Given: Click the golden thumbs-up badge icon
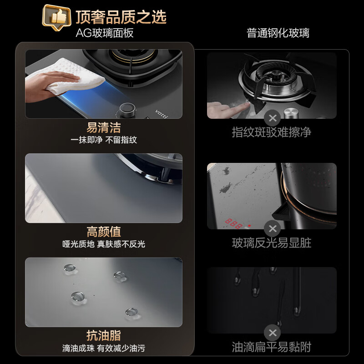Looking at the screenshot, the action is tap(56, 17).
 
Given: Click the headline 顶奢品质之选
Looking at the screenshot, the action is tap(121, 17).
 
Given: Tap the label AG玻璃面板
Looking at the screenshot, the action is tap(105, 33).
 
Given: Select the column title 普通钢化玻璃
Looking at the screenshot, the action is tap(278, 33).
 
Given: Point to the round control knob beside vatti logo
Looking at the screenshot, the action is tap(127, 110).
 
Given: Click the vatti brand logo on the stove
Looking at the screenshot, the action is tap(162, 114).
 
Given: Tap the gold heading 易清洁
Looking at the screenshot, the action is tap(104, 127).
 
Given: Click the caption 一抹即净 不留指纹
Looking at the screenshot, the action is tap(104, 140).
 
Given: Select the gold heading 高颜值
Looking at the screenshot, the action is tap(104, 232).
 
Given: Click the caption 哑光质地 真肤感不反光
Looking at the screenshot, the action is tap(104, 244).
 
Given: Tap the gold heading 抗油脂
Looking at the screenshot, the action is tap(104, 335).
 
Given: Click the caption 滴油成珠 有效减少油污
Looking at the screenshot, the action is tap(104, 348).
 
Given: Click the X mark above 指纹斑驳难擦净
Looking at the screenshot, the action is tap(272, 118).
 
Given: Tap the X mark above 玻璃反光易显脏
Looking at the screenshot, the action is tap(272, 229).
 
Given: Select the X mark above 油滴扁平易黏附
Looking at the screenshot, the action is tap(272, 333).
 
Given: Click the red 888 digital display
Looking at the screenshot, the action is tap(233, 223).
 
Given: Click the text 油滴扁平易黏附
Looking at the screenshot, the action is tap(272, 347).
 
